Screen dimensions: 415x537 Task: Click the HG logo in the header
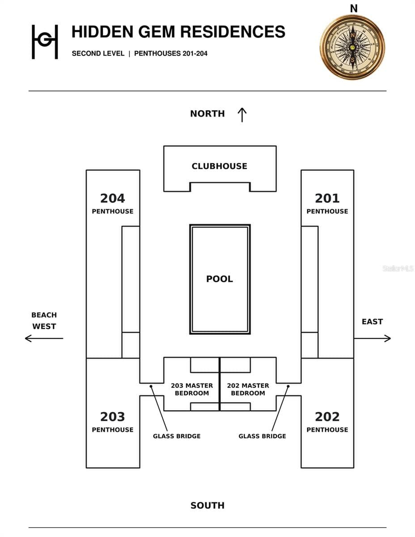(x=45, y=42)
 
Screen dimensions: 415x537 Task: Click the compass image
(x=352, y=47)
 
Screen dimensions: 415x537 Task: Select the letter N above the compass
(x=354, y=9)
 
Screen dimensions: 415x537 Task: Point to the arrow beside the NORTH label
(x=242, y=115)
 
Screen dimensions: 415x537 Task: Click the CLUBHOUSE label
(x=219, y=166)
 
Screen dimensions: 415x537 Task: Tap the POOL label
(x=219, y=279)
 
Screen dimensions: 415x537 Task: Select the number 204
(x=113, y=198)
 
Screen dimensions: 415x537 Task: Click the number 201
(x=327, y=198)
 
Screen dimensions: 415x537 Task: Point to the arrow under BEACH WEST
(x=44, y=338)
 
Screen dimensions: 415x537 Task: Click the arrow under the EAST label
(x=372, y=338)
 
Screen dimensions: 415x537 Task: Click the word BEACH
(x=44, y=315)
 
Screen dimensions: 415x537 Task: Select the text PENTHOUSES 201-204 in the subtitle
(x=170, y=53)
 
